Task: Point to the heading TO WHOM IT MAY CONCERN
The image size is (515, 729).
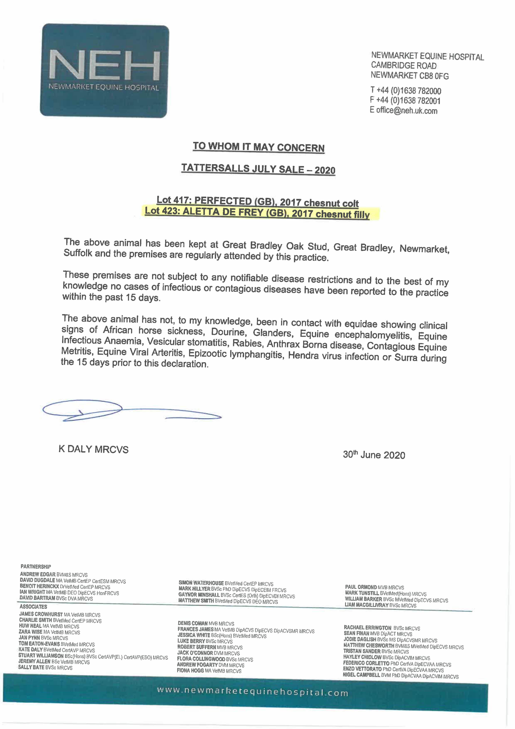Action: tap(258, 147)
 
